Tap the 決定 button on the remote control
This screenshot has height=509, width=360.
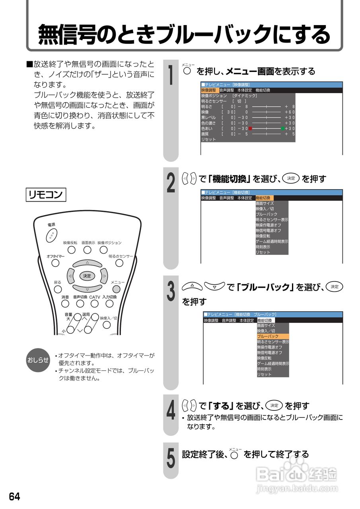click(x=87, y=276)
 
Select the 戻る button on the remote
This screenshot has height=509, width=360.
click(x=58, y=289)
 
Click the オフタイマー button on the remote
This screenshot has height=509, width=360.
click(x=55, y=263)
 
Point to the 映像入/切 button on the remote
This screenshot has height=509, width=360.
click(x=107, y=324)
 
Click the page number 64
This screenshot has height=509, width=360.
click(x=14, y=496)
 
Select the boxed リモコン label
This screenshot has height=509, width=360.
click(x=46, y=195)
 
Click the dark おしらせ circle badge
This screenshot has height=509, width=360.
click(x=38, y=360)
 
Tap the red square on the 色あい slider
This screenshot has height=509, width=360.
click(x=251, y=128)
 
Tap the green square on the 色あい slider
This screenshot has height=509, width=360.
click(x=282, y=128)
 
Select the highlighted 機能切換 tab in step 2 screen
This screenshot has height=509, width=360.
click(x=264, y=198)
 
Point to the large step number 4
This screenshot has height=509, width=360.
click(x=171, y=411)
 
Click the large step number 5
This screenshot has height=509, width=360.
click(x=171, y=458)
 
